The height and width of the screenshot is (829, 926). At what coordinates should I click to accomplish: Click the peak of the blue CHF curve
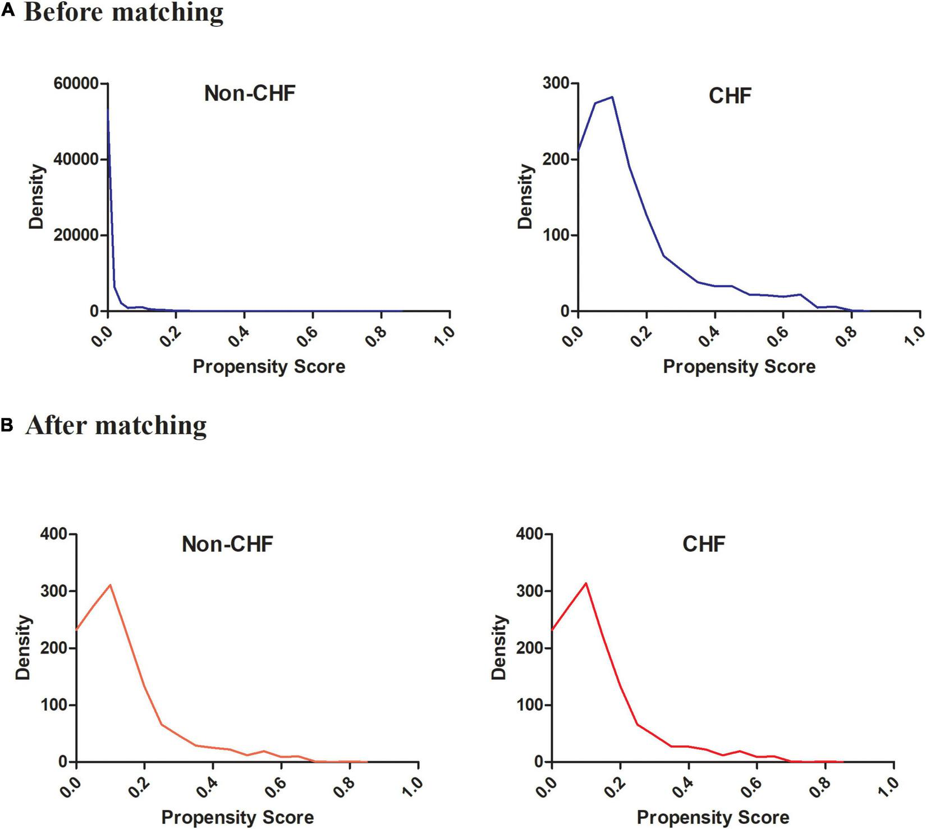click(612, 97)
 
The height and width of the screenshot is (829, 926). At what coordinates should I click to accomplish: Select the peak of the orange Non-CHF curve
click(111, 585)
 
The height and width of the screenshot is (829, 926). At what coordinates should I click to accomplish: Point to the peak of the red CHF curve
click(586, 583)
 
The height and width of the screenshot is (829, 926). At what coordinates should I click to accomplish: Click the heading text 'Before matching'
click(123, 12)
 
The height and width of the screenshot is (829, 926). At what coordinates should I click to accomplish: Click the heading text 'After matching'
click(116, 426)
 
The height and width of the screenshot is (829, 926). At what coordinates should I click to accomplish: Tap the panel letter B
click(7, 425)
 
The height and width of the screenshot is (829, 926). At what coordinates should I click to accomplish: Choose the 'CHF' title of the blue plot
click(730, 96)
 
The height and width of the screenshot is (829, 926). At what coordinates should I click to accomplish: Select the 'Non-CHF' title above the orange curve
click(227, 544)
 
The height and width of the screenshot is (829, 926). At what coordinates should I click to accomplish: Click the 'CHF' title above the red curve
click(704, 544)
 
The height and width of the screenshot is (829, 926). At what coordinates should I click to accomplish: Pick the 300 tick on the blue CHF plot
click(556, 84)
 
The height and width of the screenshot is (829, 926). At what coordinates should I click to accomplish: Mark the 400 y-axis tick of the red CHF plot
click(530, 535)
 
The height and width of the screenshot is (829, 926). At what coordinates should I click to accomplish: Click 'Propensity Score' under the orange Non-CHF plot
click(237, 817)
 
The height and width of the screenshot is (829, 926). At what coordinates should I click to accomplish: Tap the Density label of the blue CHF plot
click(525, 196)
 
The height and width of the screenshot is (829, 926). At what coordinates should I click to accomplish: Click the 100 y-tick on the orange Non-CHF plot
click(54, 705)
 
